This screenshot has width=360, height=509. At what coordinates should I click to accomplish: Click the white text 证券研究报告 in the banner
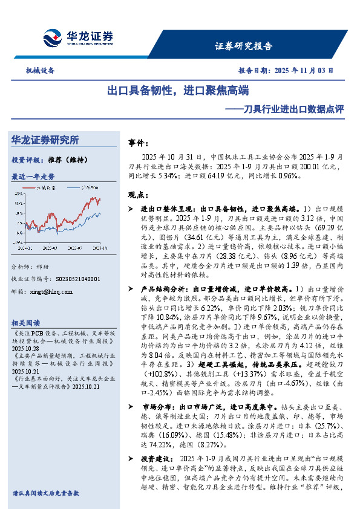tap(244, 45)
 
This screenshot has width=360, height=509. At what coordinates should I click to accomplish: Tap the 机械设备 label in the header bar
tap(40, 70)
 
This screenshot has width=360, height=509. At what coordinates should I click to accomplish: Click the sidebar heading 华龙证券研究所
tap(45, 140)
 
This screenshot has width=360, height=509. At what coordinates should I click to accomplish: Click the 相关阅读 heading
tap(25, 322)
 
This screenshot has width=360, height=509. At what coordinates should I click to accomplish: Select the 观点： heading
tap(139, 195)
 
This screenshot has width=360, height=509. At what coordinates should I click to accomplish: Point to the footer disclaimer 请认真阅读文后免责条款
tap(46, 493)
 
